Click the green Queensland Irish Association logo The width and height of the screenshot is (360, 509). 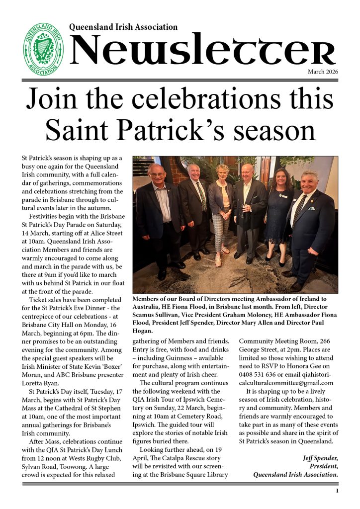pyautogui.click(x=45, y=48)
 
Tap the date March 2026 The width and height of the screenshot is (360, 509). pyautogui.click(x=323, y=72)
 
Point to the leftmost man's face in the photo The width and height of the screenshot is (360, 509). pyautogui.click(x=156, y=173)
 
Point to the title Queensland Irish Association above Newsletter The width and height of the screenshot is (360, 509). pyautogui.click(x=123, y=27)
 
